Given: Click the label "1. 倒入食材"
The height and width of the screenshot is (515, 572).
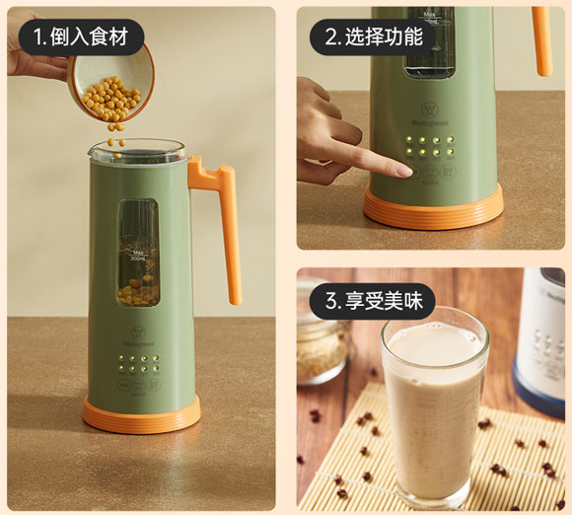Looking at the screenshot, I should [x=87, y=37].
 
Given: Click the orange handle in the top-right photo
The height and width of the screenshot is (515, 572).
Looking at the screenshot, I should [x=542, y=39].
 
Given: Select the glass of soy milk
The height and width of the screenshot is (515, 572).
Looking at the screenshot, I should [x=434, y=405].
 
